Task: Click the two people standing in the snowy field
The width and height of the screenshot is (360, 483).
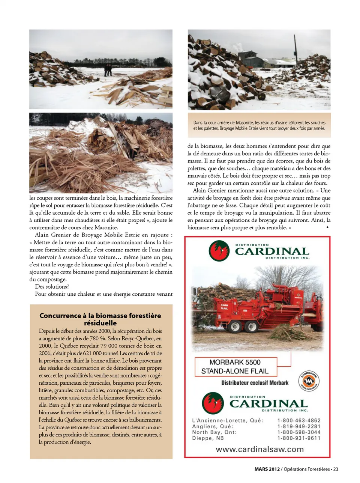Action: pos(108,70)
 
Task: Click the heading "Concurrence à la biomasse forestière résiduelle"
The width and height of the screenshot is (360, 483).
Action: pos(100,319)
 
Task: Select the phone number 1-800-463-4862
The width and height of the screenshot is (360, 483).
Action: pos(299,421)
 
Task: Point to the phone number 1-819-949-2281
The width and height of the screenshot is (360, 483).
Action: pos(299,426)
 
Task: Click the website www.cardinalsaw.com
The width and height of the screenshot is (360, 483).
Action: pos(259,449)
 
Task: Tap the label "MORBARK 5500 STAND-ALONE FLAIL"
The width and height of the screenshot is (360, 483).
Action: pos(235,367)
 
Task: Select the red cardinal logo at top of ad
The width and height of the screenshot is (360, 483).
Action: pos(219,251)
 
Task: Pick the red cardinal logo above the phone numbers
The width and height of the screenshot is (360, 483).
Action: pos(213,403)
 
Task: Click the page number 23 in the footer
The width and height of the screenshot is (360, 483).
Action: pos(336,469)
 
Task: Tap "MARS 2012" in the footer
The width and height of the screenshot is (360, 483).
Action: pos(267,469)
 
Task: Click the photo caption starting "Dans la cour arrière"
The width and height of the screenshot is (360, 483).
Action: pos(259,125)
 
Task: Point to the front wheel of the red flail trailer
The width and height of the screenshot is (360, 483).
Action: pos(235,327)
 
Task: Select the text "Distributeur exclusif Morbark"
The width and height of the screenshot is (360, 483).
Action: pos(255,383)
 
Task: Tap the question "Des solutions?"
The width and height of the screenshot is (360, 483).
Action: pos(52,287)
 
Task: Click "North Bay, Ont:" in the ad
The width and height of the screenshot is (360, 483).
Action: pos(215,432)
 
